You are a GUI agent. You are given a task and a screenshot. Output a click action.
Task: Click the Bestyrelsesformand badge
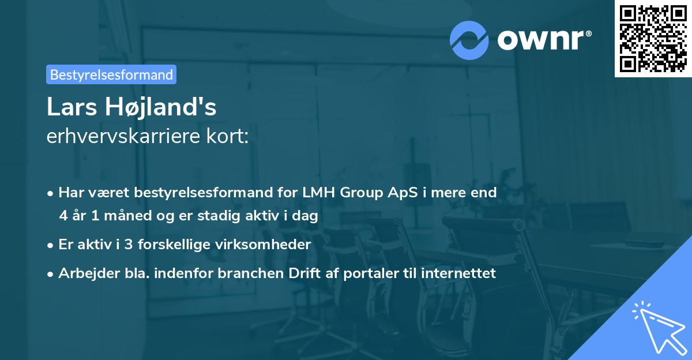(111, 74)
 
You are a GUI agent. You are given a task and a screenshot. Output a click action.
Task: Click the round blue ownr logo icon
(469, 40)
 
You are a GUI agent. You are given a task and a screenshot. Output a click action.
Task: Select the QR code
(653, 38)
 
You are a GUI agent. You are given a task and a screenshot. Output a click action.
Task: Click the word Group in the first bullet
(360, 193)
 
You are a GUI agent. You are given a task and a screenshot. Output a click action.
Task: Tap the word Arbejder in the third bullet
(85, 273)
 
